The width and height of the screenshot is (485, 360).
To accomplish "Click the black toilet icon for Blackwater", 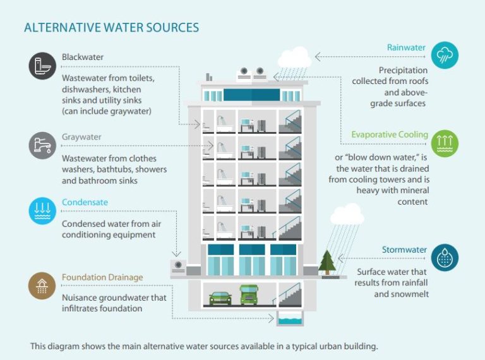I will [42, 66].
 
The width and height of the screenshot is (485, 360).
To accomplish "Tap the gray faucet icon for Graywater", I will [42, 145].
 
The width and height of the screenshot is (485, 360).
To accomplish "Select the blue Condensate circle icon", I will [42, 211].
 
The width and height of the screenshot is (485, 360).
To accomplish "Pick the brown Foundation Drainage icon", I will [42, 286].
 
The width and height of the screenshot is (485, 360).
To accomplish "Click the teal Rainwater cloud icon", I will [445, 56].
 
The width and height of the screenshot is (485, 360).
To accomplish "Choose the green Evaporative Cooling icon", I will [445, 143].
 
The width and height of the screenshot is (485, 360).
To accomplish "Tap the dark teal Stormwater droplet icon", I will [445, 258].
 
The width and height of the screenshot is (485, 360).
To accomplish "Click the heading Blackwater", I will [83, 57].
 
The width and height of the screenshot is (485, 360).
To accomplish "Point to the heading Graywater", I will [81, 137].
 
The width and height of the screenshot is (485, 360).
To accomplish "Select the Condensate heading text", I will [85, 203].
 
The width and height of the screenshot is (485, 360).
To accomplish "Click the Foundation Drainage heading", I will [102, 278].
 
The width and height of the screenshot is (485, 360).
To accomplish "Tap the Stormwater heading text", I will [404, 249].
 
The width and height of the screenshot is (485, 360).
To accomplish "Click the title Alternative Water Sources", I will [111, 28].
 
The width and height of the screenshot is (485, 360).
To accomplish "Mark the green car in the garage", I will [220, 297].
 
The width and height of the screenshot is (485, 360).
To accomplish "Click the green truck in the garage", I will [250, 294].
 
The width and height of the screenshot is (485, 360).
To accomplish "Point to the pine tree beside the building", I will [326, 261].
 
